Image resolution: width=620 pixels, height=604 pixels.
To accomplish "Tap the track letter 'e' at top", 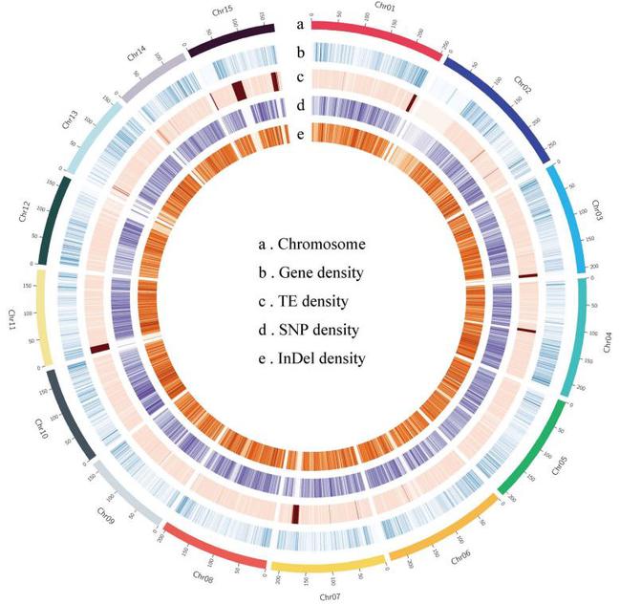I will tap(300, 134).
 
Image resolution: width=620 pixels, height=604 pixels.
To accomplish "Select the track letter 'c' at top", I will tap(300, 77).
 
